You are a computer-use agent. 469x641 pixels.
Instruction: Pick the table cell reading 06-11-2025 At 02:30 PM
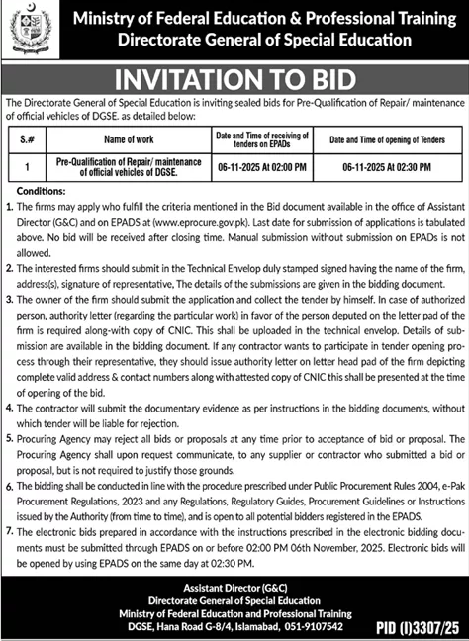pyautogui.click(x=378, y=169)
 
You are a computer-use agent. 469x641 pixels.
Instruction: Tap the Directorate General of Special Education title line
pyautogui.click(x=261, y=41)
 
